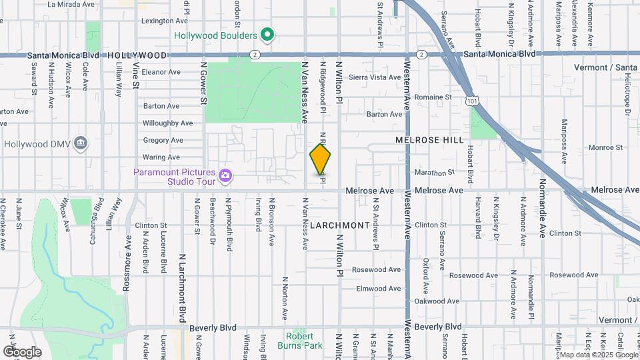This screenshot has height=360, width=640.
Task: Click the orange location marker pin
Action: [x=321, y=159]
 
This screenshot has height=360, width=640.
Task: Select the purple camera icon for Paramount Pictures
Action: [x=226, y=175]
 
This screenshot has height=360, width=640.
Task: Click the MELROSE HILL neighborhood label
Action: [x=429, y=140]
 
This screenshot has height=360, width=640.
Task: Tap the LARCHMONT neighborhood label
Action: [x=339, y=225]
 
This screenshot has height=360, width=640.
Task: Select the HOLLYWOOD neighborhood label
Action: [x=137, y=55]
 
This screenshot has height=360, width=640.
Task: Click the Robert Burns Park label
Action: [x=300, y=341]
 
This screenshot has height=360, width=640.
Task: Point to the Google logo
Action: [x=22, y=351]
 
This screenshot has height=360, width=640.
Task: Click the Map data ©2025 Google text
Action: [x=598, y=355]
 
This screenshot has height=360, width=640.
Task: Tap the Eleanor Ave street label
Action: [x=161, y=72]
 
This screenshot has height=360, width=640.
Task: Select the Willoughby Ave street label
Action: [x=167, y=123]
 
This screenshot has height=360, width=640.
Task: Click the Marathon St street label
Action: [x=434, y=173]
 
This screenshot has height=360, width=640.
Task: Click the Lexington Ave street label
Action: [x=162, y=21]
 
